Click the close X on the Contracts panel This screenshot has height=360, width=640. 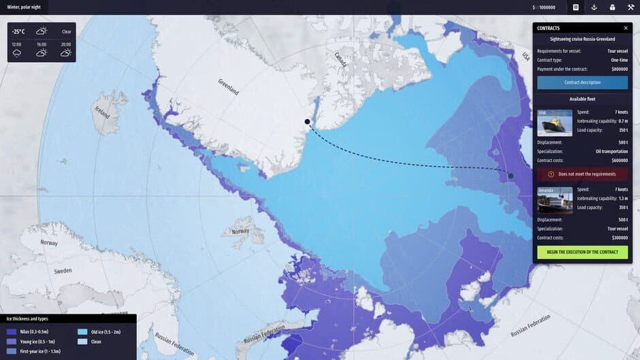click(x=626, y=28)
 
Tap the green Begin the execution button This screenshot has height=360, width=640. click(x=582, y=252)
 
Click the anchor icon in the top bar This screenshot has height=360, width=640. click(x=594, y=7)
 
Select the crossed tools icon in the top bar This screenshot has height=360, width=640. click(x=630, y=7)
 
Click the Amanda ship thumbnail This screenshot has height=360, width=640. click(x=555, y=200)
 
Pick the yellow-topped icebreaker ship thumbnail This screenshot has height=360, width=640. click(x=555, y=123)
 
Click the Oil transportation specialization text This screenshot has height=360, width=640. click(x=611, y=151)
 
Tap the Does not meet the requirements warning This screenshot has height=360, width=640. click(x=582, y=174)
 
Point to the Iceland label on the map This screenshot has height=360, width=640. click(x=102, y=111)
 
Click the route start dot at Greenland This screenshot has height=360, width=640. click(x=307, y=122)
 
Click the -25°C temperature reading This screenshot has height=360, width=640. click(x=18, y=31)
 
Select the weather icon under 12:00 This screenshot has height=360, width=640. click(x=17, y=52)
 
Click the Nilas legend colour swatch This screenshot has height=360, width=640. click(x=12, y=331)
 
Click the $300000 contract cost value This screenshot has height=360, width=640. click(x=619, y=238)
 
